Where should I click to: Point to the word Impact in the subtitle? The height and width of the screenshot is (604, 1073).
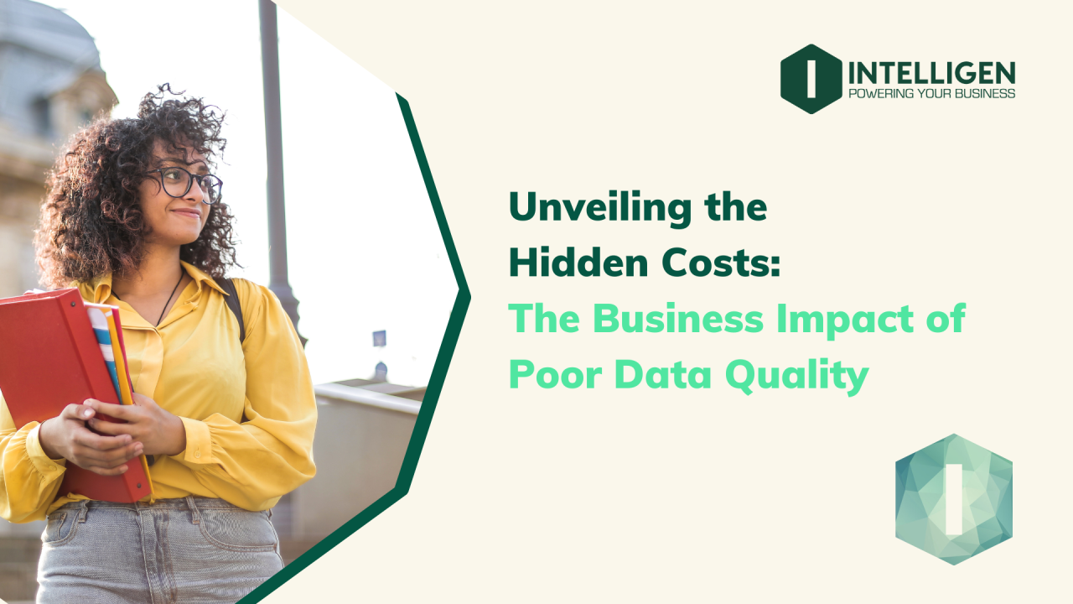pyautogui.click(x=847, y=320)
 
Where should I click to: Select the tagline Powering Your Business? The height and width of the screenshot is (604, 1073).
pyautogui.click(x=931, y=93)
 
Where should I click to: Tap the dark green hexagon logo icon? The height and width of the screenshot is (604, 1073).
pyautogui.click(x=811, y=79)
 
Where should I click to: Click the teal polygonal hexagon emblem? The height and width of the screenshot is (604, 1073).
pyautogui.click(x=953, y=498)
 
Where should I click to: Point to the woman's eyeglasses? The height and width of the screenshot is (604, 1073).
pyautogui.click(x=184, y=182)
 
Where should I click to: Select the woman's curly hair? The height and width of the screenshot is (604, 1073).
pyautogui.click(x=92, y=193)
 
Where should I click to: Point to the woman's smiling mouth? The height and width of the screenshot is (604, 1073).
pyautogui.click(x=185, y=215)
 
